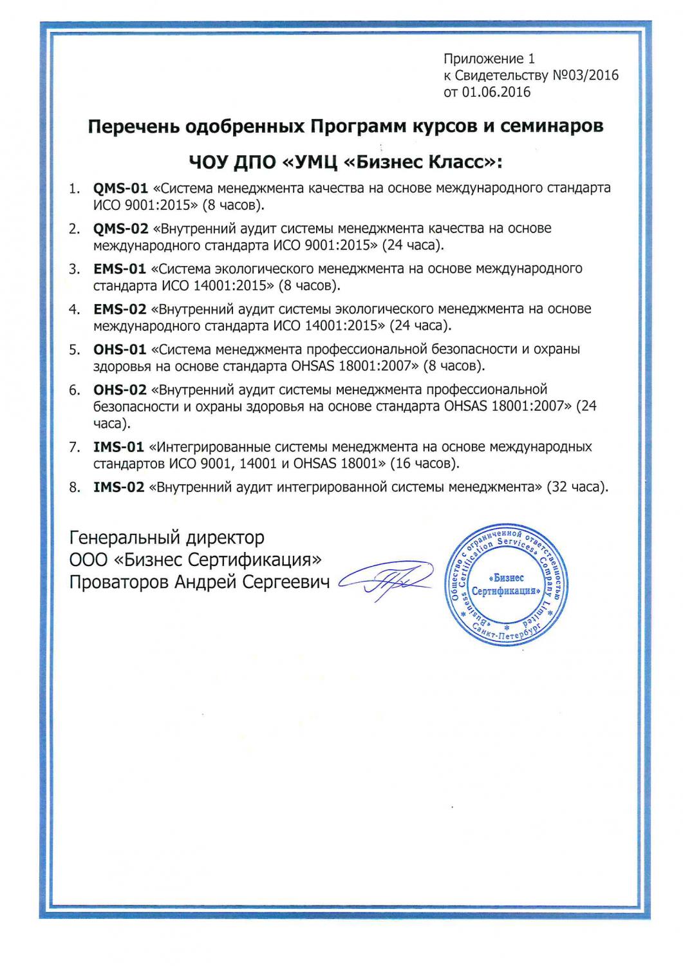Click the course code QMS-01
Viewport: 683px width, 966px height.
[120, 189]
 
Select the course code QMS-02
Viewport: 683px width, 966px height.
[120, 229]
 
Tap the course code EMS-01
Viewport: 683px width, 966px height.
[120, 269]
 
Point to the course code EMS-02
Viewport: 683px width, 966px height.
[120, 309]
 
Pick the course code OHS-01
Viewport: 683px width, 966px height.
[120, 350]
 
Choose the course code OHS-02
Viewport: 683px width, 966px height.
[120, 390]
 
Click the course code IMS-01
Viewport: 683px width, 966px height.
[118, 447]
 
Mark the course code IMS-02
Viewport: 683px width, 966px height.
[118, 487]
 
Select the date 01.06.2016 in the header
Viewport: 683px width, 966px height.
[496, 92]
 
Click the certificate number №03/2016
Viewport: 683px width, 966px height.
[585, 76]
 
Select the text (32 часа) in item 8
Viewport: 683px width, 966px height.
[577, 487]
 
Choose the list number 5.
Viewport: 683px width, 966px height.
[75, 350]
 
